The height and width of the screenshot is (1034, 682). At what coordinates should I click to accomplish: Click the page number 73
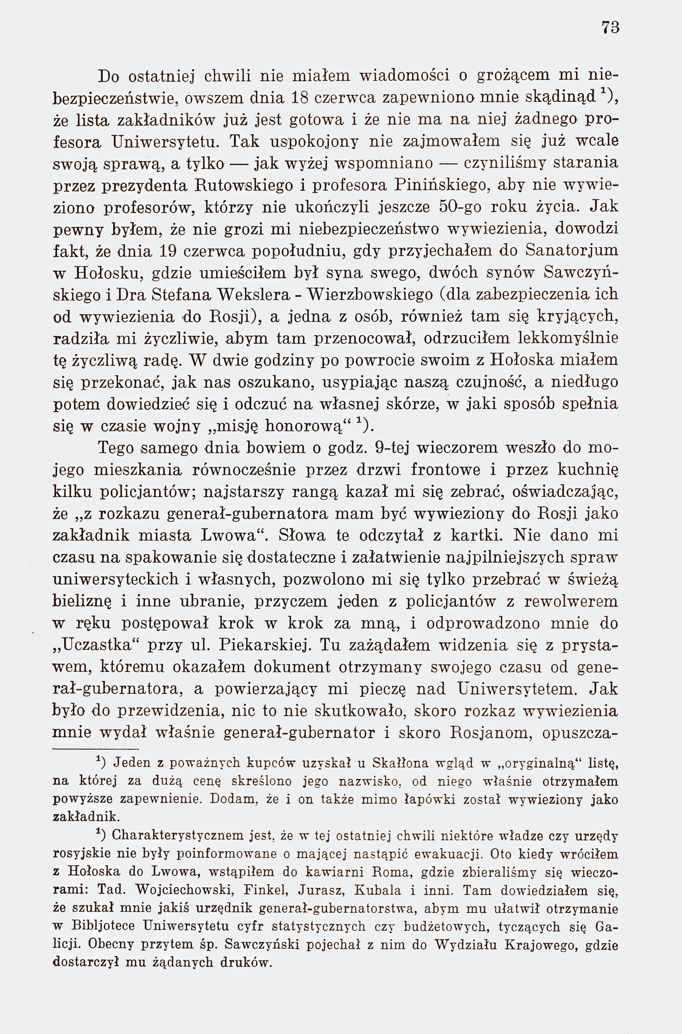point(610,28)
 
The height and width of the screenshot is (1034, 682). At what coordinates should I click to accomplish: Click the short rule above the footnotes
point(95,749)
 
